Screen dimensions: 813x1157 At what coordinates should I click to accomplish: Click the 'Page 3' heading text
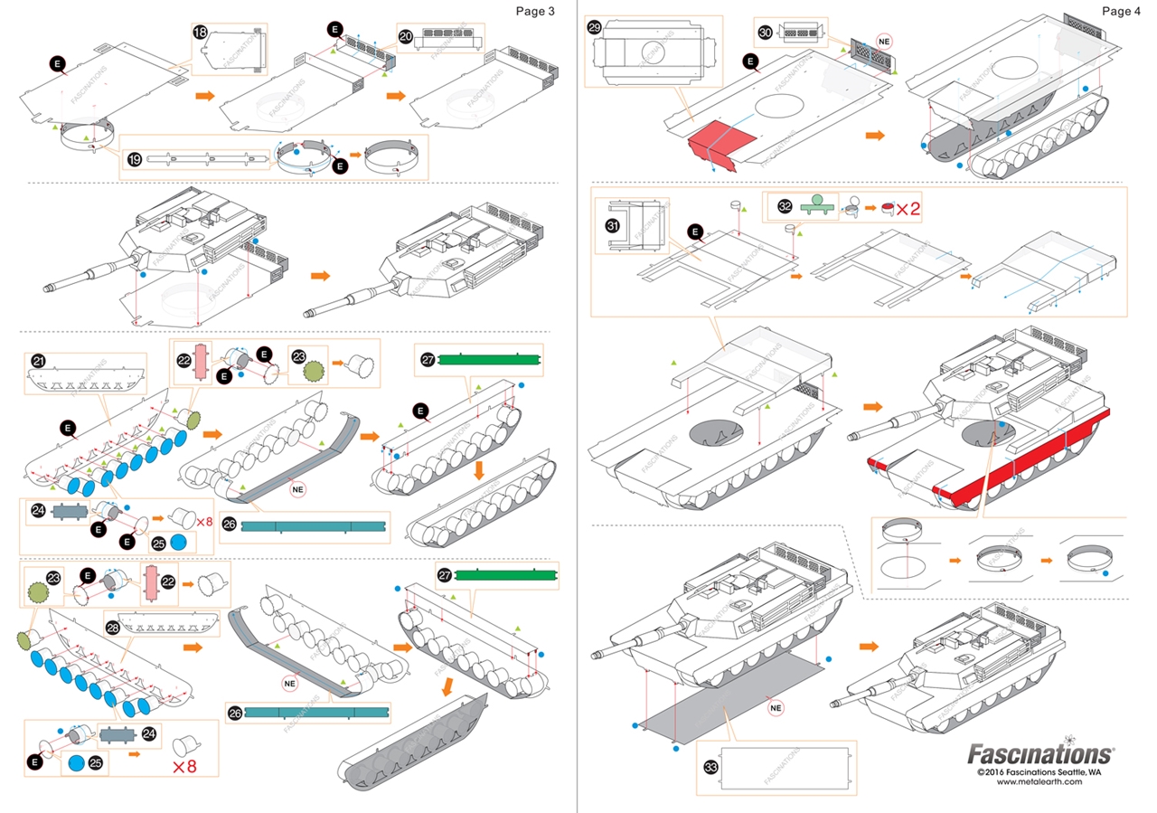[x=534, y=11]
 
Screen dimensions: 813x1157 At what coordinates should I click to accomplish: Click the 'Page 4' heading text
[x=1121, y=11]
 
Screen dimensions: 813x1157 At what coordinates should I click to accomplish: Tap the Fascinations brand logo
[x=1040, y=753]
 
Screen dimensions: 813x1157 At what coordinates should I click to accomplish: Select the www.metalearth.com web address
[x=1039, y=782]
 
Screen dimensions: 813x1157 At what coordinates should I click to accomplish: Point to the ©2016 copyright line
[x=1039, y=771]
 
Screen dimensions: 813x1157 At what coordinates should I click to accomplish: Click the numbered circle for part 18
[x=201, y=33]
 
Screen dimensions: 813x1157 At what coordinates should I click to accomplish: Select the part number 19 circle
[x=134, y=160]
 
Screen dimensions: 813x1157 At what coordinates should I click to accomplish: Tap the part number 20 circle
[x=406, y=36]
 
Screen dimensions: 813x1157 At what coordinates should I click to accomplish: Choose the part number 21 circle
[x=38, y=361]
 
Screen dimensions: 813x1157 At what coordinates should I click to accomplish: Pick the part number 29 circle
[x=594, y=27]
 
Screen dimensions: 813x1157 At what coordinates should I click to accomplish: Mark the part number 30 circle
[x=765, y=33]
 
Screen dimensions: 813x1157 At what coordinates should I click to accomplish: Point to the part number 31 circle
[x=611, y=227]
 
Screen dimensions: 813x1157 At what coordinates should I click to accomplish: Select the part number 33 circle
[x=711, y=767]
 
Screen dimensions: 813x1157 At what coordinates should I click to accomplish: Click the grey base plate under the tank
[x=723, y=695]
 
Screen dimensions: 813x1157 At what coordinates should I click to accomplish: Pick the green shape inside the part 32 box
[x=816, y=203]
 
